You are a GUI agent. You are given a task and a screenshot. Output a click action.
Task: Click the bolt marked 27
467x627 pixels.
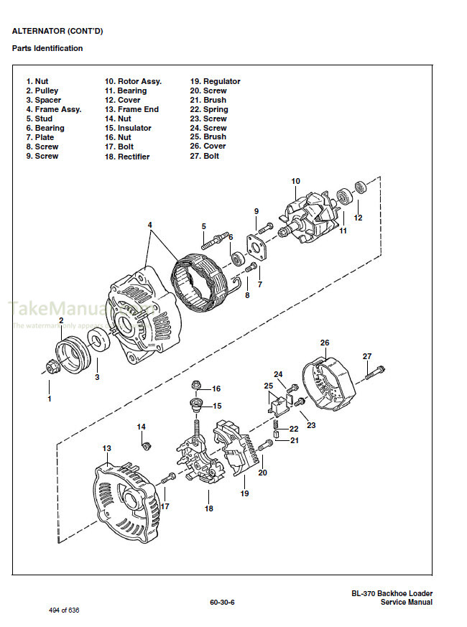pyautogui.click(x=374, y=372)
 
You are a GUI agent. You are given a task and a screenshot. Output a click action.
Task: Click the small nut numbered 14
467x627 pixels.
pyautogui.click(x=144, y=445)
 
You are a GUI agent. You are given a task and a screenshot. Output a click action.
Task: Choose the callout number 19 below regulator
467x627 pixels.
pyautogui.click(x=244, y=494)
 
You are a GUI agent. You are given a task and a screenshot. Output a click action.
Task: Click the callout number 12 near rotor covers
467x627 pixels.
pyautogui.click(x=358, y=218)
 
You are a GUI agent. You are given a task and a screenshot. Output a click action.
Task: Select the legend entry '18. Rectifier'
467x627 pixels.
pyautogui.click(x=127, y=156)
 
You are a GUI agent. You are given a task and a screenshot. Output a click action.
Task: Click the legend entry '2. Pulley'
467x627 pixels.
pyautogui.click(x=42, y=90)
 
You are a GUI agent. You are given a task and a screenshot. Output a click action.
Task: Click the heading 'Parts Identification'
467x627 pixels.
pyautogui.click(x=47, y=48)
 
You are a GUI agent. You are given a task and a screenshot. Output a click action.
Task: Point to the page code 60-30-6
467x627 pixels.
pyautogui.click(x=222, y=602)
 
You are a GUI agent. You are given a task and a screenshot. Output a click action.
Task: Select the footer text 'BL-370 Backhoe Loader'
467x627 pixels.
pyautogui.click(x=392, y=593)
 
